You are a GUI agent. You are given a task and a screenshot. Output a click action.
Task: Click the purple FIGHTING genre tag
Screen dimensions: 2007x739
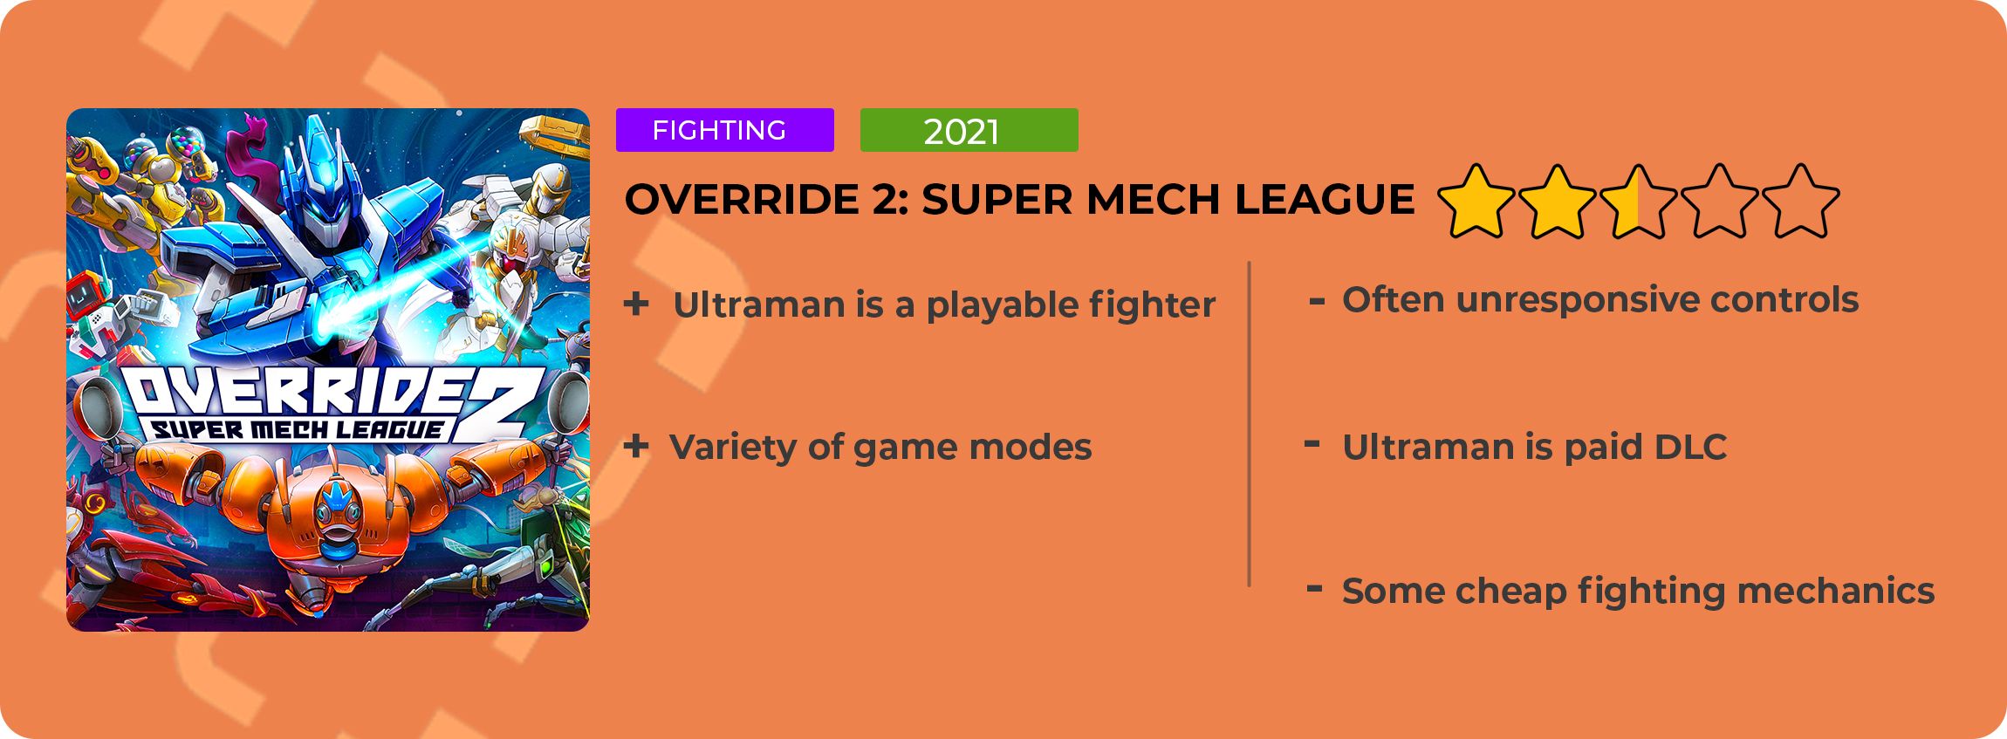(724, 130)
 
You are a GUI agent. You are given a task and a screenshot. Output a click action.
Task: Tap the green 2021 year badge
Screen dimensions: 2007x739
(969, 130)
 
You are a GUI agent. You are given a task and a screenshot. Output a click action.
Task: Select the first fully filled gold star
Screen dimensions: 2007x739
(1476, 202)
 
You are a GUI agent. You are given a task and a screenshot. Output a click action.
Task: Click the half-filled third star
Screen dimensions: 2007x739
(1639, 202)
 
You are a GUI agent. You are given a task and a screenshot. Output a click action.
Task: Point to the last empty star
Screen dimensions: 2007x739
(1801, 202)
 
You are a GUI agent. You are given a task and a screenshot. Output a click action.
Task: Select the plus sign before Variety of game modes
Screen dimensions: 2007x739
(636, 447)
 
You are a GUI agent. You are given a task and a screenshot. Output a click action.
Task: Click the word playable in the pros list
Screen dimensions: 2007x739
(990, 305)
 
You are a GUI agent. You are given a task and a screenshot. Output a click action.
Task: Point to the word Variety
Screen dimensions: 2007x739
(732, 447)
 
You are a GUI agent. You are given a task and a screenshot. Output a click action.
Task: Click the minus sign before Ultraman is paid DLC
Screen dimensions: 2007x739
(1312, 444)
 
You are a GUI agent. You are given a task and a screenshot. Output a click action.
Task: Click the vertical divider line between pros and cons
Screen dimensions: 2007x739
(1250, 423)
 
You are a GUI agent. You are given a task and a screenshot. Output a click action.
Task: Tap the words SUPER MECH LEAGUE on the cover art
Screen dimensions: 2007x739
(297, 429)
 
